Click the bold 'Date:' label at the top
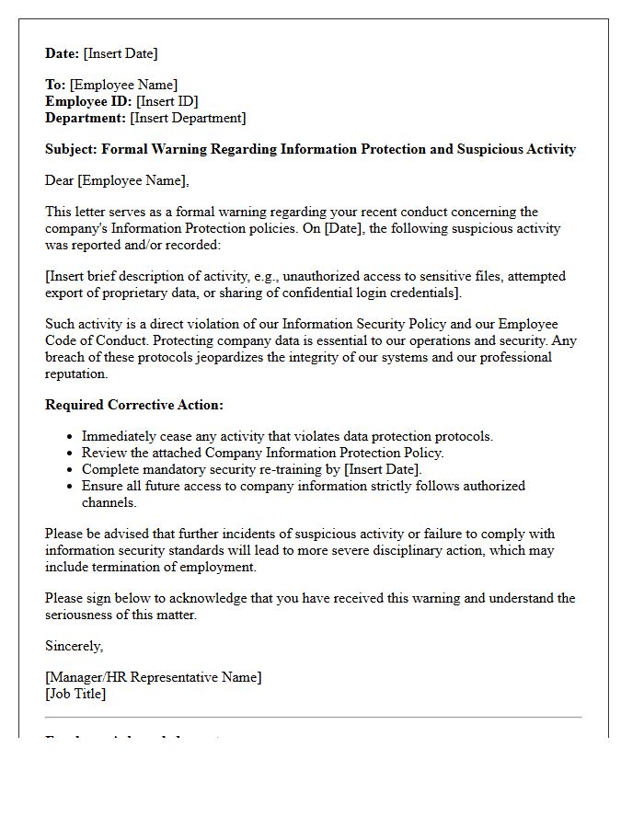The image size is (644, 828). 63,53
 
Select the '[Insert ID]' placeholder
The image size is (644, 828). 167,101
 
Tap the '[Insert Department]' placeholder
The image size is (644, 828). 188,118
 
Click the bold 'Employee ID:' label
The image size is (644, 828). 88,101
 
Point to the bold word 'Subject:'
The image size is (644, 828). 71,149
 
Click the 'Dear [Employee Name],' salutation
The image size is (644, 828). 117,180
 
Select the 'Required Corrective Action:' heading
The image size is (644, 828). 134,405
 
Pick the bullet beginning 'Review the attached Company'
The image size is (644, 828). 262,453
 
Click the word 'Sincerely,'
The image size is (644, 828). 75,646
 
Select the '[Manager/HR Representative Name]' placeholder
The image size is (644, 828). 154,677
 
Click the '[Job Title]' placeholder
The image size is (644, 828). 75,694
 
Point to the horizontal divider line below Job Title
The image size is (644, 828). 314,717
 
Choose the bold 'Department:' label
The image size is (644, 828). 86,118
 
